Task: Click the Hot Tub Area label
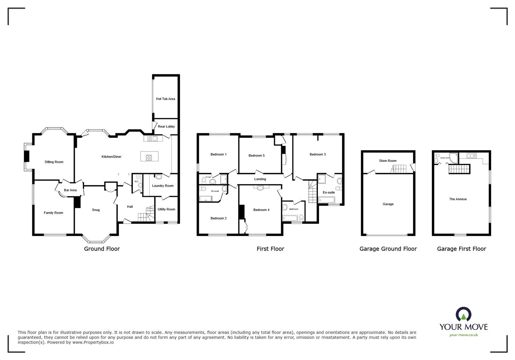tap(165, 99)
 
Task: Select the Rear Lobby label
tap(166, 126)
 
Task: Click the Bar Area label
tap(70, 190)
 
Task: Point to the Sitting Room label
tap(54, 162)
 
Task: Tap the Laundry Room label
tap(163, 186)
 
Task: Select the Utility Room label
tap(166, 209)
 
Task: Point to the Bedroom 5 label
tap(257, 155)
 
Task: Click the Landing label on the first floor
tap(260, 179)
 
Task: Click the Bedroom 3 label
tap(318, 154)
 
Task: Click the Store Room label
tap(388, 161)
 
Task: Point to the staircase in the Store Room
tap(399, 169)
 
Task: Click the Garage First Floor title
tap(461, 249)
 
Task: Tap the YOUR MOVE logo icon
tap(464, 314)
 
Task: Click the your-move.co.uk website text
tap(464, 335)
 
